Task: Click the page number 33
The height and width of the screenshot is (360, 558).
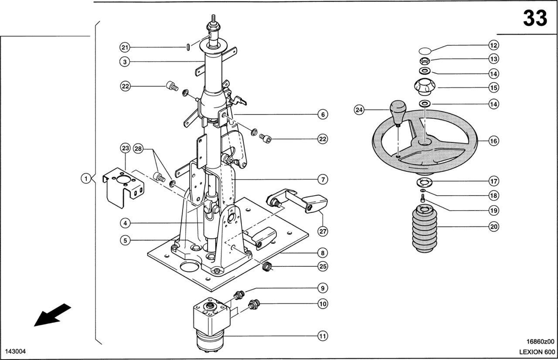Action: (534, 18)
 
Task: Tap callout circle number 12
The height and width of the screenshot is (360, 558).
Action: (493, 45)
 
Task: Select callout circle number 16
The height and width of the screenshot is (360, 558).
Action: (493, 141)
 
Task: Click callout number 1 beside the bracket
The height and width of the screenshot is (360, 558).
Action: (87, 178)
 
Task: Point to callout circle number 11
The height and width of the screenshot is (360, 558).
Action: (323, 336)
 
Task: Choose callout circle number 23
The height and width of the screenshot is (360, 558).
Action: (125, 149)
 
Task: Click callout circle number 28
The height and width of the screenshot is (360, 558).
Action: (138, 149)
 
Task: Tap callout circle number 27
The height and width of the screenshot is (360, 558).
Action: (323, 231)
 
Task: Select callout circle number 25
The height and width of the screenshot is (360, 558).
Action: (323, 266)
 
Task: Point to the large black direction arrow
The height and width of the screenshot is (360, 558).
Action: (52, 314)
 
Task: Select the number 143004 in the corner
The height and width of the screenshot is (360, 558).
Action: (15, 352)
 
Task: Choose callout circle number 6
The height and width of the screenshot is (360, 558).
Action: (323, 115)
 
